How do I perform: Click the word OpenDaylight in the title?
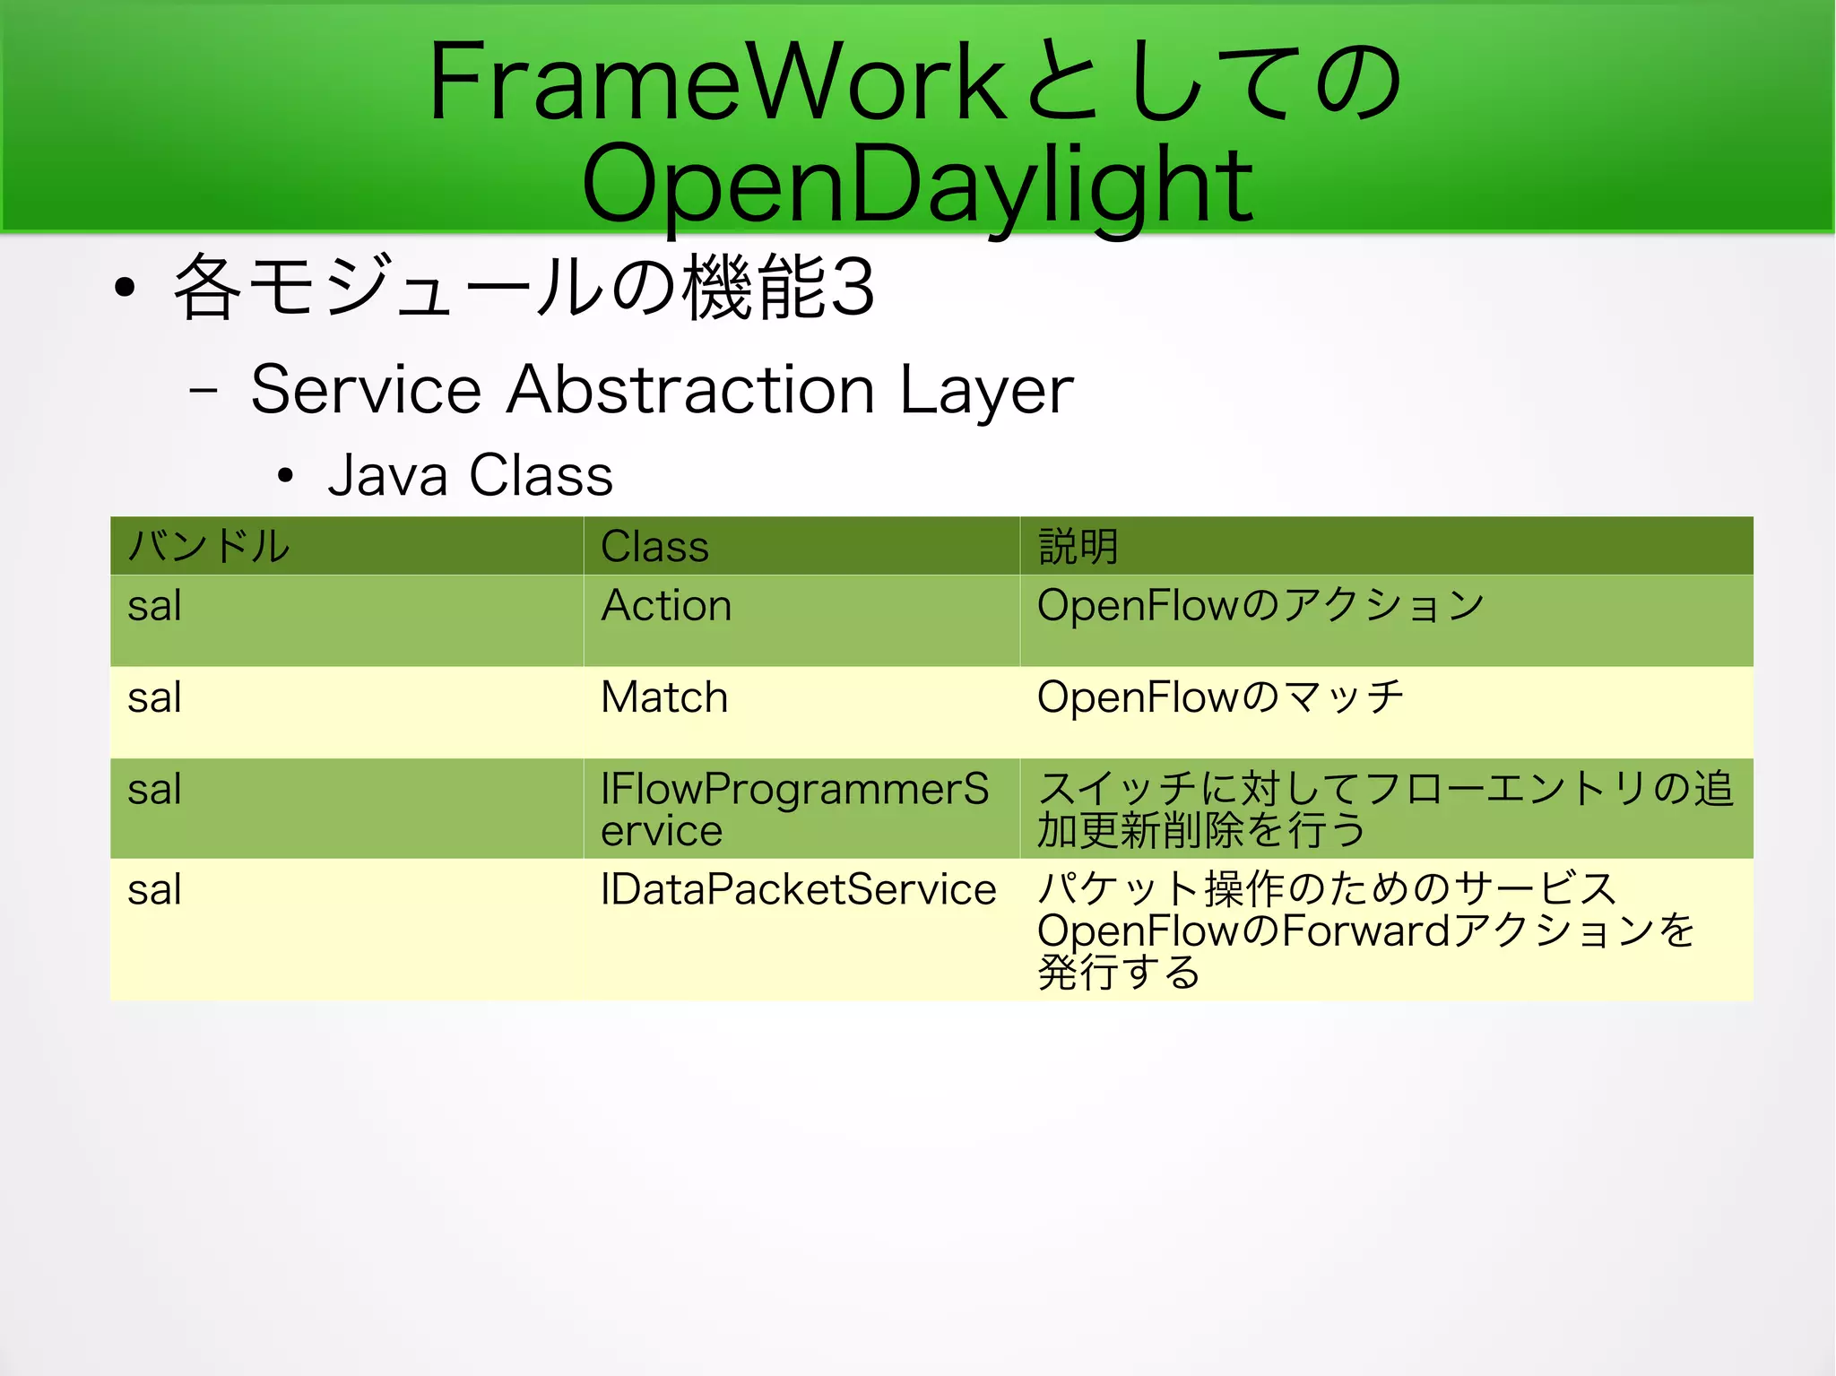tap(916, 186)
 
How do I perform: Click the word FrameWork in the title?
tap(717, 82)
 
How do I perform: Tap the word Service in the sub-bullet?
tap(366, 390)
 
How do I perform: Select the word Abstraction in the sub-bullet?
tap(690, 390)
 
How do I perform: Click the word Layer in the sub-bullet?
tap(986, 392)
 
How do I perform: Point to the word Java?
tap(387, 475)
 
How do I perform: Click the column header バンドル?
tap(209, 546)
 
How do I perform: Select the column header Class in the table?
tap(654, 547)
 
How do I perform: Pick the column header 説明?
tap(1078, 546)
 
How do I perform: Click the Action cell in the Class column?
tap(666, 606)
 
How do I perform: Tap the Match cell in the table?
tap(664, 697)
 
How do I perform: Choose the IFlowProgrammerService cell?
tap(793, 809)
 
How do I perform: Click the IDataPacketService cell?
tap(798, 890)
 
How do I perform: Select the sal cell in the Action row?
tap(154, 606)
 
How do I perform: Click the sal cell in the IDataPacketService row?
tap(154, 890)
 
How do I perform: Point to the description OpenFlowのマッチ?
tap(1219, 697)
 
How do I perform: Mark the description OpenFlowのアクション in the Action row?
tap(1260, 606)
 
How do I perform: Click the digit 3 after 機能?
tap(852, 289)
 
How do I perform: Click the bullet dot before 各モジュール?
tap(125, 288)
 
